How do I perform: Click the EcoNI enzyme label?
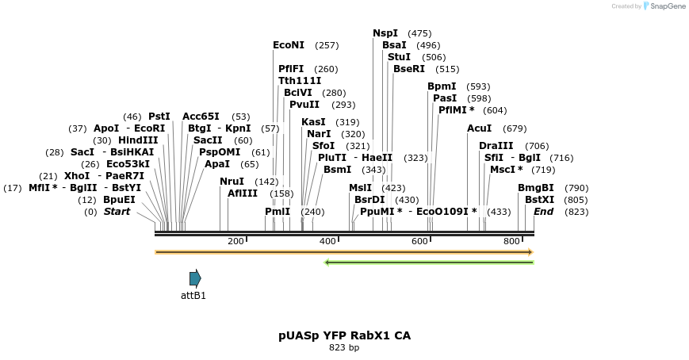pyautogui.click(x=289, y=45)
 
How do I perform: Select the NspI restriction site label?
pyautogui.click(x=385, y=33)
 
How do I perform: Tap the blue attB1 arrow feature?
pyautogui.click(x=195, y=278)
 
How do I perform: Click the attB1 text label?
pyautogui.click(x=193, y=296)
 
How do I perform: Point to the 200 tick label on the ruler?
pyautogui.click(x=235, y=241)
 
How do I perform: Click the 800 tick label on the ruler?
pyautogui.click(x=511, y=241)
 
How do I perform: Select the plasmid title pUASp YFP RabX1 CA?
pyautogui.click(x=344, y=335)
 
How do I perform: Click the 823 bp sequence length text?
pyautogui.click(x=344, y=347)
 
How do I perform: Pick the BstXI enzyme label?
pyautogui.click(x=539, y=200)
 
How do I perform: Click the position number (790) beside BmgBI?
pyautogui.click(x=576, y=188)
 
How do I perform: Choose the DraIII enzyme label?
pyautogui.click(x=496, y=146)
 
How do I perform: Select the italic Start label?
pyautogui.click(x=117, y=212)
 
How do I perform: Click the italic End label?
pyautogui.click(x=543, y=212)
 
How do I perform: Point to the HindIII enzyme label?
pyautogui.click(x=138, y=140)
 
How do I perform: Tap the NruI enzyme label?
pyautogui.click(x=232, y=182)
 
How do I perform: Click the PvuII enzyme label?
pyautogui.click(x=304, y=105)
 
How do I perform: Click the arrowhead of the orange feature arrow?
pyautogui.click(x=530, y=252)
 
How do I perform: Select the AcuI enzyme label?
pyautogui.click(x=480, y=128)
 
